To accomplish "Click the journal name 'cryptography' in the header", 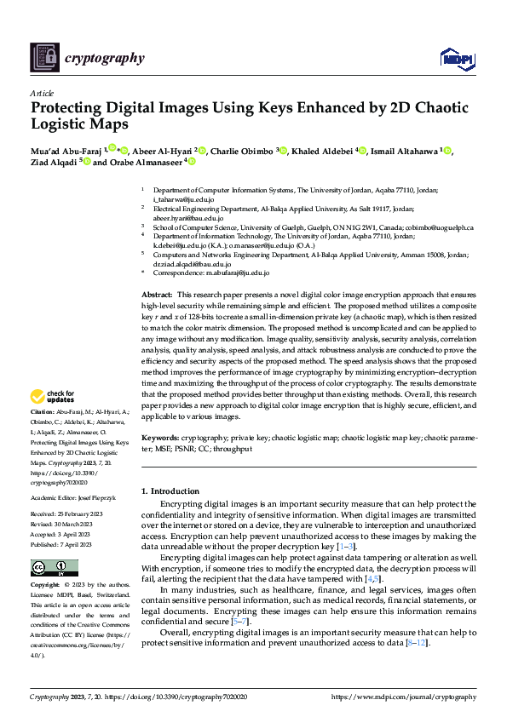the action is (x=104, y=58).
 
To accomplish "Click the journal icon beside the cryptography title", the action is (x=45, y=58).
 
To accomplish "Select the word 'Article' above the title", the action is (x=42, y=93).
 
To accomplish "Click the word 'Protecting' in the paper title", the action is (x=67, y=108).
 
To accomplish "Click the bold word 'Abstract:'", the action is (x=158, y=293).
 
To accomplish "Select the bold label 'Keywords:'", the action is (x=160, y=437).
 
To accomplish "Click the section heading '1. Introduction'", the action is (x=170, y=491).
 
